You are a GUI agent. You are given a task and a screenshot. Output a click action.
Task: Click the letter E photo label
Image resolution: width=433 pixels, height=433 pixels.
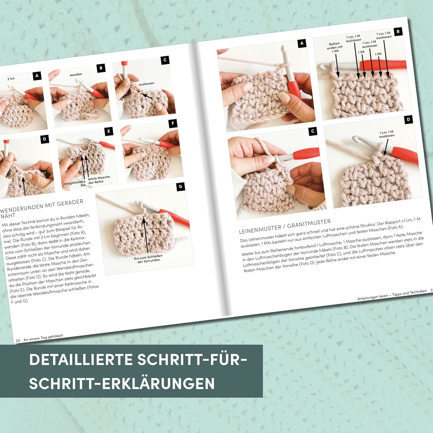(x=109, y=131)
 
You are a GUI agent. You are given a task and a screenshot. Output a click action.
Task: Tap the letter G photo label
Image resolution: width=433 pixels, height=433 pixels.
(x=180, y=186)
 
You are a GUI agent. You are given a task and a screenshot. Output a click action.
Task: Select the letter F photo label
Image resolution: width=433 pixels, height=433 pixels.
(x=173, y=124)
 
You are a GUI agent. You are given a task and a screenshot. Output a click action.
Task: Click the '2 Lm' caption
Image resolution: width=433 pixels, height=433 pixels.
(x=11, y=79)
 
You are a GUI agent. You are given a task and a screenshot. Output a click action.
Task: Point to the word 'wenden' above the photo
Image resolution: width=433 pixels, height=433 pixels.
(x=76, y=74)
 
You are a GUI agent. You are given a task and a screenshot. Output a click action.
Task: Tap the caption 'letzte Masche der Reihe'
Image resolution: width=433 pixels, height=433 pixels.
(x=98, y=180)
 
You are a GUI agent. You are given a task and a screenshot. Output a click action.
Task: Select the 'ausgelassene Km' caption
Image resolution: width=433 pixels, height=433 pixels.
(x=75, y=183)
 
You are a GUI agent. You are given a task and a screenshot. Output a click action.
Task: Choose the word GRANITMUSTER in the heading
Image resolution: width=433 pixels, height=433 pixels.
(x=309, y=224)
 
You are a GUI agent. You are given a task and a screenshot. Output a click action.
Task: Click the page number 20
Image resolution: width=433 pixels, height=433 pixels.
(x=18, y=341)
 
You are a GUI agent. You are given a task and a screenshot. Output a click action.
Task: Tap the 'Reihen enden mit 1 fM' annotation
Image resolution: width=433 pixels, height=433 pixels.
(x=335, y=48)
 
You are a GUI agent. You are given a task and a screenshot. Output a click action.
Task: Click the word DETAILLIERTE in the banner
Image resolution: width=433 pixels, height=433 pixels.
(x=81, y=360)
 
